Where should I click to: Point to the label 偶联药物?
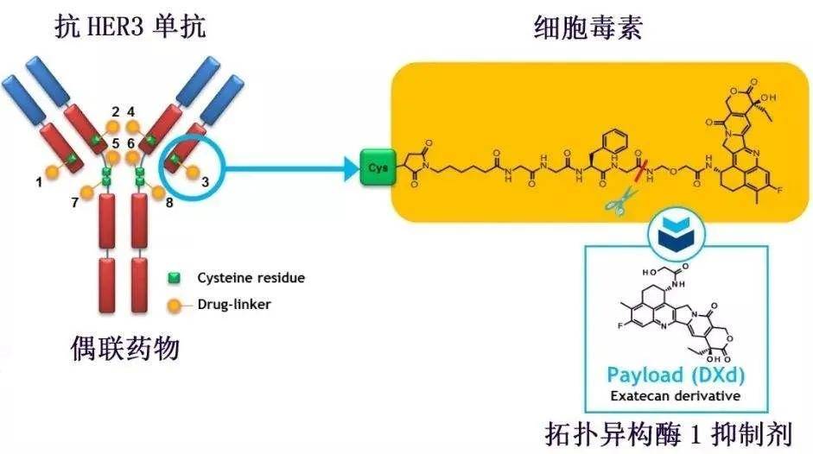pos(125,349)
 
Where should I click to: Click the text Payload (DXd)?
pos(676,375)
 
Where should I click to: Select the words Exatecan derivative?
pos(676,396)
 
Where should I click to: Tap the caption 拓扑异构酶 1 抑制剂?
pos(670,431)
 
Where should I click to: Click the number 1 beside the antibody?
pos(39,181)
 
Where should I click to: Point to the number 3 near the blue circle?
pos(204,181)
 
